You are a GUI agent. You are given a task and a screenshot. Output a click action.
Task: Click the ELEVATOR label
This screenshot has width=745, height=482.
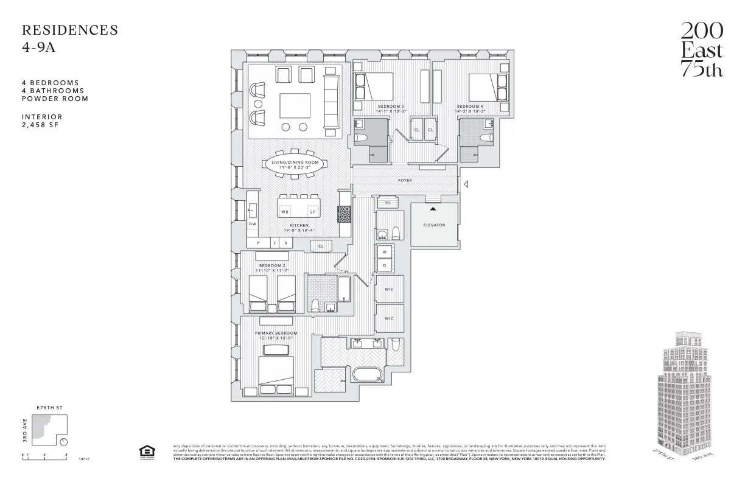point(434,225)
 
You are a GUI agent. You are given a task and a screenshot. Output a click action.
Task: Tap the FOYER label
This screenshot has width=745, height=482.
point(405,181)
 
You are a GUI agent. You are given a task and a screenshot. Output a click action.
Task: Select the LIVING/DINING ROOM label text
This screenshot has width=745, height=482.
point(295,162)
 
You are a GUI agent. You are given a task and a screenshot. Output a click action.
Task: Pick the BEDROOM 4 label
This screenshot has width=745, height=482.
point(470,107)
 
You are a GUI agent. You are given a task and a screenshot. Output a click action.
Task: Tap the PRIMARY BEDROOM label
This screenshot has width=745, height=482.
point(276,334)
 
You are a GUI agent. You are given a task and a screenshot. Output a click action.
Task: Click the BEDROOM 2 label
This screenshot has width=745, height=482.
point(272,265)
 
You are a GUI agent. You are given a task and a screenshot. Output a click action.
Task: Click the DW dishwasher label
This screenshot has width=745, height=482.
point(253,223)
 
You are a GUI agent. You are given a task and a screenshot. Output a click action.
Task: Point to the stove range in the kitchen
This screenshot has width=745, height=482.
point(345,214)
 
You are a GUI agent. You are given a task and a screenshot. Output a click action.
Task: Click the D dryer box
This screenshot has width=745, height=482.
point(385,266)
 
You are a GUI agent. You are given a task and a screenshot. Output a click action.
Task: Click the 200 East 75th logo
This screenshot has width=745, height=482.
point(701,50)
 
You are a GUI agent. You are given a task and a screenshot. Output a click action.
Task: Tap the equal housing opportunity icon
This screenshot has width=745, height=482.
point(146,452)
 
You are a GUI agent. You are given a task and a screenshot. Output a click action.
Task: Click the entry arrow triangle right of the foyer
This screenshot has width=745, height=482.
point(466,184)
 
